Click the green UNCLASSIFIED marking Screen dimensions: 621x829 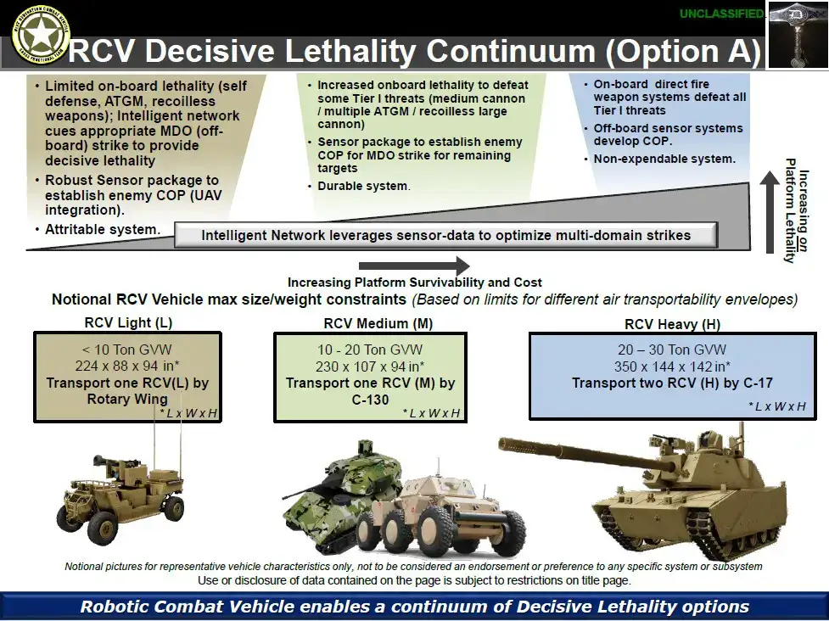click(721, 14)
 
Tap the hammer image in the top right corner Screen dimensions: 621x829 click(797, 34)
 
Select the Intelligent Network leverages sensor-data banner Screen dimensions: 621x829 click(445, 235)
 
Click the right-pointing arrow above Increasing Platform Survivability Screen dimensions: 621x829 click(414, 266)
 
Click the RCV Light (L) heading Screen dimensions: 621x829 click(128, 322)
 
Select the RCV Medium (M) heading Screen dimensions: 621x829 click(367, 323)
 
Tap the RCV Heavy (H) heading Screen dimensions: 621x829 click(672, 324)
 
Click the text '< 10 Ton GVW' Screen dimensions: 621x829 click(126, 350)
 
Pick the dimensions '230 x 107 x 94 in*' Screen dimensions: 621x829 click(370, 366)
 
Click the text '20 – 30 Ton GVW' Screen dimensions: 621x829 click(672, 350)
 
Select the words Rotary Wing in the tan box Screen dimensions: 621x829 click(127, 400)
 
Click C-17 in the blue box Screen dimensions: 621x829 click(756, 383)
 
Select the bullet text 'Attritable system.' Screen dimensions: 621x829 click(101, 230)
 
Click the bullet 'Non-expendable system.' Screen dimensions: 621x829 click(664, 159)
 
